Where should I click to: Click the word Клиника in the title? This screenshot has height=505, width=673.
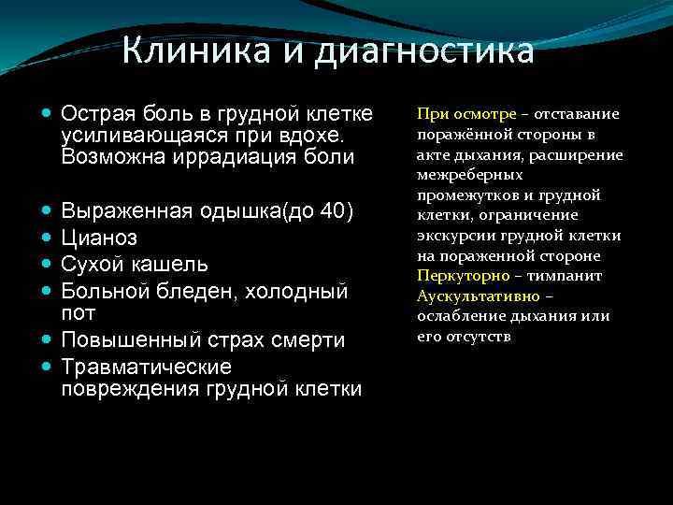(x=192, y=50)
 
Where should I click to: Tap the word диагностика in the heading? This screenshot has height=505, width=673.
(x=425, y=50)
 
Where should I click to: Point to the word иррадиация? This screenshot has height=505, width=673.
(x=242, y=156)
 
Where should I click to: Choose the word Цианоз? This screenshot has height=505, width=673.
(x=99, y=238)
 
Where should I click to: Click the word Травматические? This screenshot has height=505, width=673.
(x=146, y=367)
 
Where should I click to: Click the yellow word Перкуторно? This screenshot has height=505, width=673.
(x=463, y=276)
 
